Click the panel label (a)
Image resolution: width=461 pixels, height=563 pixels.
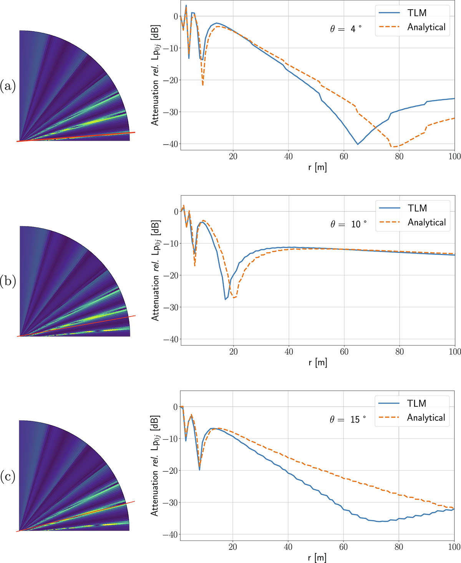click(8, 86)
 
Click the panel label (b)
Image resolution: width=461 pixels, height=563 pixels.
click(8, 281)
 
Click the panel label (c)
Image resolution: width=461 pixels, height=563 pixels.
click(8, 476)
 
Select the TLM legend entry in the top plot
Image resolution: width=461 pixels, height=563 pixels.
click(417, 13)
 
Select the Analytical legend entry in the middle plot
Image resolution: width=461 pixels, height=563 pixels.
click(426, 223)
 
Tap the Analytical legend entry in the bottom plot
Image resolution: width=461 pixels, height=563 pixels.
click(426, 418)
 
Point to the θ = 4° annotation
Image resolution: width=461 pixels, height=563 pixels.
click(345, 29)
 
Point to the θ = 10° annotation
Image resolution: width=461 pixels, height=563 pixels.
click(348, 224)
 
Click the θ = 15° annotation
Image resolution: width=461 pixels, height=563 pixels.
click(348, 420)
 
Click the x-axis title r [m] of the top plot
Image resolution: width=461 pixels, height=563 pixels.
click(317, 167)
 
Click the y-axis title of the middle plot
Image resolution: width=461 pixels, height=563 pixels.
click(155, 271)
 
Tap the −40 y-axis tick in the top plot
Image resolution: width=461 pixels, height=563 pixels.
click(171, 144)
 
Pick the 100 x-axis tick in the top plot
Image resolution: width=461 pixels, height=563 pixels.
click(454, 157)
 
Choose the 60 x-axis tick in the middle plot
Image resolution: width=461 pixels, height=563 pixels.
click(344, 352)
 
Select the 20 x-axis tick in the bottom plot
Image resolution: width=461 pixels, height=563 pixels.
click(233, 547)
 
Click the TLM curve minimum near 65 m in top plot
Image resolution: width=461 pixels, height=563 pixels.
click(358, 144)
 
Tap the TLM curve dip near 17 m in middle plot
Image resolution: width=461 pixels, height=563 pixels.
click(226, 299)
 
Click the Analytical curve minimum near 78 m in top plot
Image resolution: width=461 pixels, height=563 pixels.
click(393, 147)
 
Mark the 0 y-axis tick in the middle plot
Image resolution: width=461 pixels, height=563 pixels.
click(176, 212)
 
